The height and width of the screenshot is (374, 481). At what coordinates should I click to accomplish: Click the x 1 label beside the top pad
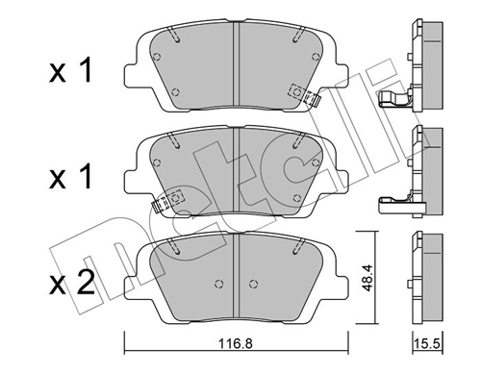(72, 72)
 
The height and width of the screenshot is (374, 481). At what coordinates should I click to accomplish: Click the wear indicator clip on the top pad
(304, 93)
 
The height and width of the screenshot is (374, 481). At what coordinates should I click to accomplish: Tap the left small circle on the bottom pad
(220, 284)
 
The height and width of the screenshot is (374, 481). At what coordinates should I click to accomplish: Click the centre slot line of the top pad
(237, 62)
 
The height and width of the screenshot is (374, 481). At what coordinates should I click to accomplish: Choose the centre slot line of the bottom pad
(237, 274)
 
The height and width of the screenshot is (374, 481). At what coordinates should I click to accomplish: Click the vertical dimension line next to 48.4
(357, 279)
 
